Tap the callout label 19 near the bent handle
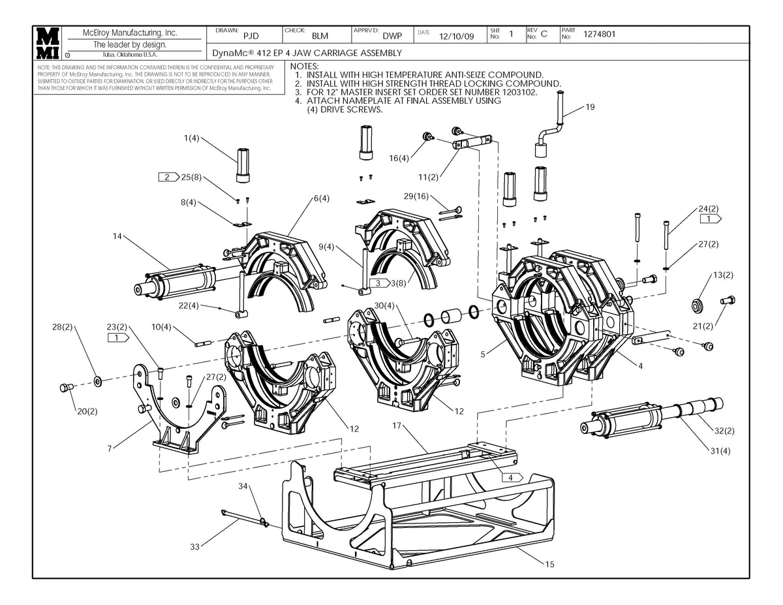pos(591,108)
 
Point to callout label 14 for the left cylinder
pos(117,236)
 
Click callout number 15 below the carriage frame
pos(549,565)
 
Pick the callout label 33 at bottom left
pos(194,547)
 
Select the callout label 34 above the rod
pos(243,486)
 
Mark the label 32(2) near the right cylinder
pos(724,431)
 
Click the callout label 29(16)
pos(417,196)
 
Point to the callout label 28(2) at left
pos(63,326)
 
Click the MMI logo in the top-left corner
pos(48,44)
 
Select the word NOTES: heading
pos(304,67)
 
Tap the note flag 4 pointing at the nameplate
pos(512,478)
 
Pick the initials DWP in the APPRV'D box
pos(392,36)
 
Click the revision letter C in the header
pos(544,35)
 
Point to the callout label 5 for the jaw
pos(483,354)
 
